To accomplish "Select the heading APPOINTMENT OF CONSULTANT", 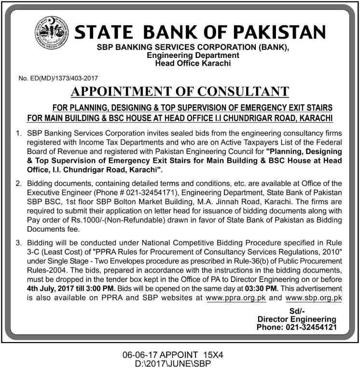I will point(180,91).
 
